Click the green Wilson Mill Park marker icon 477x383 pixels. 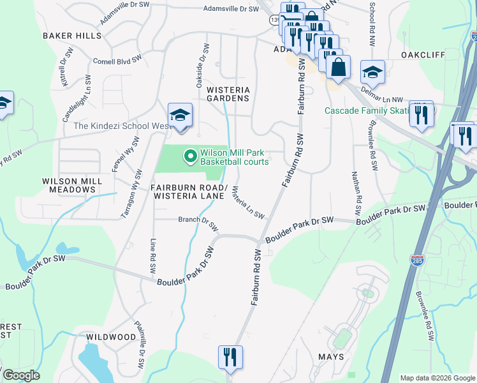[x=189, y=156]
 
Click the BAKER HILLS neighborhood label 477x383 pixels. [x=72, y=36]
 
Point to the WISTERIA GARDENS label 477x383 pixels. [x=228, y=94]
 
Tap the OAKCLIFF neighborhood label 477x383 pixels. [x=423, y=55]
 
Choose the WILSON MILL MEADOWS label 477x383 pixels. [x=72, y=185]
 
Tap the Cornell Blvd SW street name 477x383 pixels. [x=117, y=62]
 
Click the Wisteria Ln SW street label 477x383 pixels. [x=248, y=202]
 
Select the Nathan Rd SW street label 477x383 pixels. [x=357, y=192]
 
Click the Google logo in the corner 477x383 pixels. [x=21, y=375]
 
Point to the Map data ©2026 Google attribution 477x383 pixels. [x=437, y=378]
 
